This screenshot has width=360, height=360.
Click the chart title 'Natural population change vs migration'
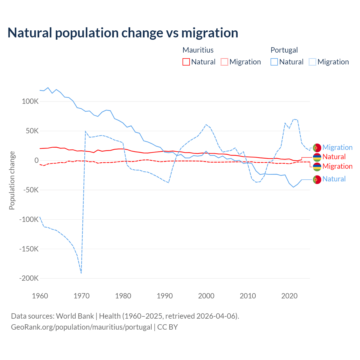click(x=123, y=33)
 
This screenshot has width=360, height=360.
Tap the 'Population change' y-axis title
click(x=12, y=180)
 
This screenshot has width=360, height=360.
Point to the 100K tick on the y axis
click(x=30, y=101)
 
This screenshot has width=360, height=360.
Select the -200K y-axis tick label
click(x=29, y=278)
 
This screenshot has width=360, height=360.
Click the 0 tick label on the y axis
click(x=36, y=160)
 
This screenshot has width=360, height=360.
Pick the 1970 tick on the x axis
click(x=82, y=296)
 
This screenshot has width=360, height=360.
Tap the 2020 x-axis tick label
click(x=289, y=296)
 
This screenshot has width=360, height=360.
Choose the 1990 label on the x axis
click(x=165, y=296)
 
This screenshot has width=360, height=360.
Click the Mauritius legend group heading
click(x=198, y=50)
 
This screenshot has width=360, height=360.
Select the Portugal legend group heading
click(x=284, y=50)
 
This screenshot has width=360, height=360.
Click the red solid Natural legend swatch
click(x=186, y=62)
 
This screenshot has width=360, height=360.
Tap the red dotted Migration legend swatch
click(x=224, y=62)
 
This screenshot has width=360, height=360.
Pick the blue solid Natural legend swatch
click(x=274, y=62)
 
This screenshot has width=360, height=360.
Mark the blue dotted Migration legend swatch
click(x=312, y=62)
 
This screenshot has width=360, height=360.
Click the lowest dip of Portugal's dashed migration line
click(x=81, y=273)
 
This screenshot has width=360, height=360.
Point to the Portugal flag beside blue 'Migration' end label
click(x=317, y=148)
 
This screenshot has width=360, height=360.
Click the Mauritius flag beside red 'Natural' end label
click(x=317, y=157)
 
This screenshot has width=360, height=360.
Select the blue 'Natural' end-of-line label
click(x=334, y=179)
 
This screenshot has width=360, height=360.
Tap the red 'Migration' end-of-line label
click(x=337, y=166)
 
